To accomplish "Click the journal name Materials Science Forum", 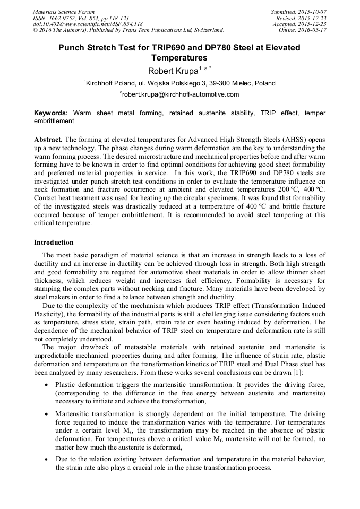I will click(x=64, y=12).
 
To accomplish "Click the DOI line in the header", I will click(x=88, y=24).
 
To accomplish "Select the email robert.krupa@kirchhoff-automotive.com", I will click(x=181, y=94).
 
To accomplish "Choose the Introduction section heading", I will click(x=54, y=243).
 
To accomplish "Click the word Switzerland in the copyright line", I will click(x=207, y=30).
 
